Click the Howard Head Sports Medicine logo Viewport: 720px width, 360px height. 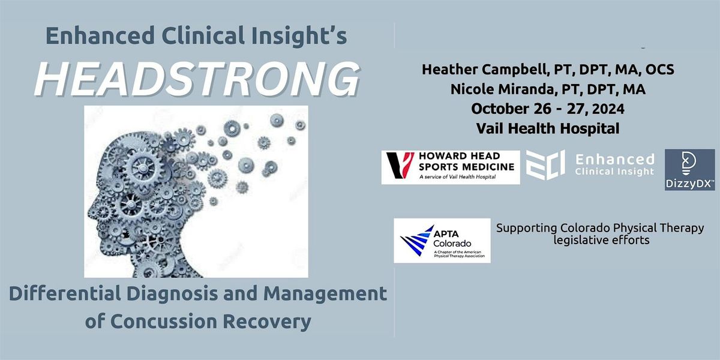(x=451, y=167)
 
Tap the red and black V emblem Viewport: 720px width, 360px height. (x=397, y=166)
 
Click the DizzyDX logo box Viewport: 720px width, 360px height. (x=689, y=170)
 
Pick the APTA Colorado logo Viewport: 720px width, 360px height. (x=442, y=240)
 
